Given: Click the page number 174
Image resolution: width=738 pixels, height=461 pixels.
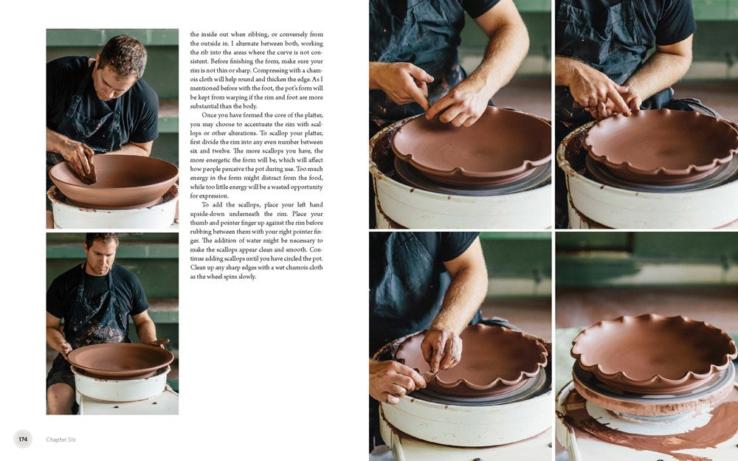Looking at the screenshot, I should click(23, 439).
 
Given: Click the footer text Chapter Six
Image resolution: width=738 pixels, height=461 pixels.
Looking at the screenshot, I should click(61, 440).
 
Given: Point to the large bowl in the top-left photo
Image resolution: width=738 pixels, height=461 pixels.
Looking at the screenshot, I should click(114, 181).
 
